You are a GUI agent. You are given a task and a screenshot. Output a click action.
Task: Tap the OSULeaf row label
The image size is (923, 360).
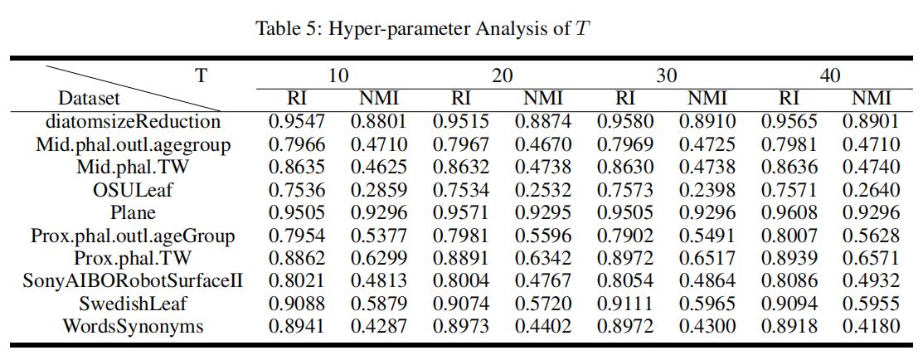[x=133, y=189]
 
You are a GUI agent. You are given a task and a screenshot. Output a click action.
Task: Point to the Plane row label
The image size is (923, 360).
[x=133, y=212]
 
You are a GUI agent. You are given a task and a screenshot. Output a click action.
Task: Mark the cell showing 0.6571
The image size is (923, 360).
[x=871, y=258]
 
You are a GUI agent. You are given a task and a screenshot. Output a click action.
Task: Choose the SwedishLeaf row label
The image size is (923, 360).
[x=133, y=304]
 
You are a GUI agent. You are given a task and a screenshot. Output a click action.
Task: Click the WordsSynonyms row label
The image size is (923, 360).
[x=133, y=326]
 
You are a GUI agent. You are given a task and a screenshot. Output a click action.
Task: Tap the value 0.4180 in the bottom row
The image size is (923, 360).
[x=871, y=326]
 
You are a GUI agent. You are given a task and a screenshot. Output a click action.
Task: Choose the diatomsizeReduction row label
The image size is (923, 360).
[x=133, y=121]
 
